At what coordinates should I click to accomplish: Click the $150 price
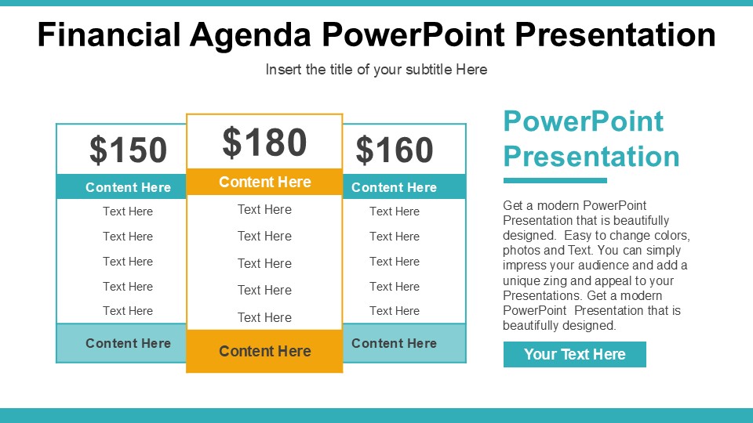pos(128,150)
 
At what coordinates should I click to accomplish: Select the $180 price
pos(264,143)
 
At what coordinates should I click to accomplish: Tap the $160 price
pos(394,150)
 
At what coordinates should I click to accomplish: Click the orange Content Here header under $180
pos(264,182)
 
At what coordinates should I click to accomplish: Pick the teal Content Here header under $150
pos(128,187)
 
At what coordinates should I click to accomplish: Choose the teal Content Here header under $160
pos(394,187)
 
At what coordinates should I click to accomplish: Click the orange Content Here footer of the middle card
pos(264,351)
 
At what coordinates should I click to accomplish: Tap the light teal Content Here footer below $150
pos(128,343)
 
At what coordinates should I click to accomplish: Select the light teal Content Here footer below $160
pos(394,343)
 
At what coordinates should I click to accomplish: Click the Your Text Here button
pos(574,354)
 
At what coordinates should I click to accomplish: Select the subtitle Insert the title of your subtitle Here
pos(376,70)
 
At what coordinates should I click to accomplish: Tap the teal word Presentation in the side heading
pos(591,156)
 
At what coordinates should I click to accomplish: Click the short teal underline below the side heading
pos(555,181)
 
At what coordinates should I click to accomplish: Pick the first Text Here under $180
pos(264,209)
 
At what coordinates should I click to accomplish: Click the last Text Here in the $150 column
pos(128,311)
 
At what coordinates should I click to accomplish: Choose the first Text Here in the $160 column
pos(394,211)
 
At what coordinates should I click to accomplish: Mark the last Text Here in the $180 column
pos(264,317)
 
